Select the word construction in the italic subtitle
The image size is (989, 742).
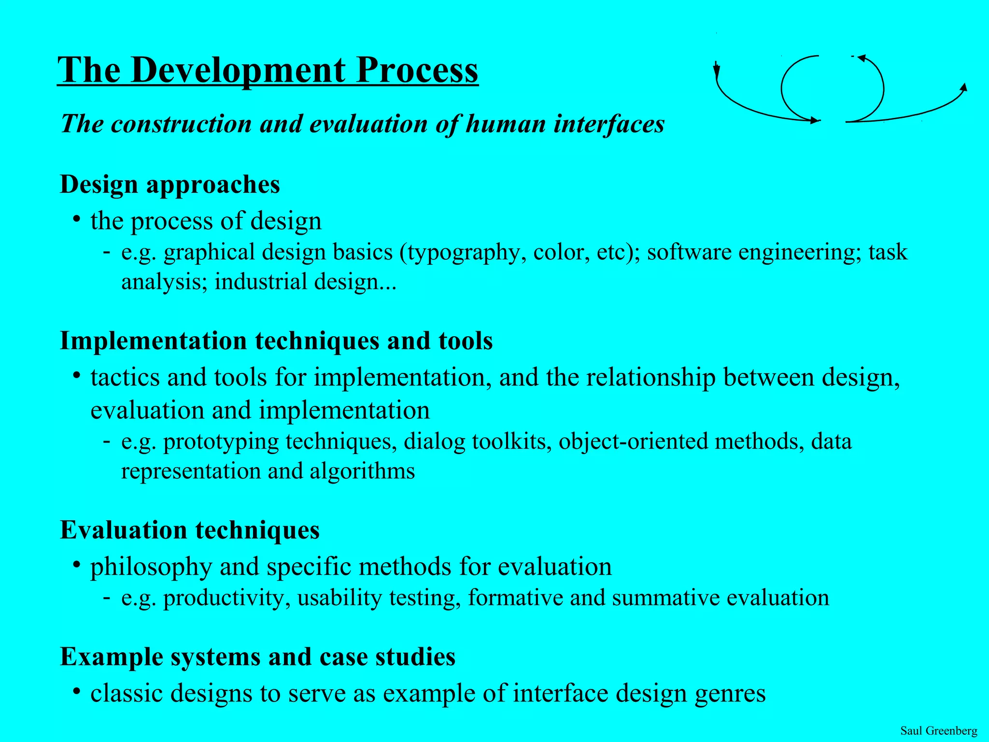point(182,124)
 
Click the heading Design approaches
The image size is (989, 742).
point(170,185)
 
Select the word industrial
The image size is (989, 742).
point(261,282)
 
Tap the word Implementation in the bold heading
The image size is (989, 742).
point(153,341)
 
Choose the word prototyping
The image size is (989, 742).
point(221,442)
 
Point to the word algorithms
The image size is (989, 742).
point(362,471)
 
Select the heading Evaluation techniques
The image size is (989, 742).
point(190,530)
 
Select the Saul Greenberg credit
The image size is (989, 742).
point(938,730)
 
